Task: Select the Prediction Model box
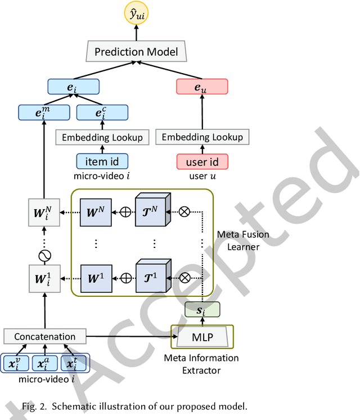(x=136, y=53)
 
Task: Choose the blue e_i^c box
(x=99, y=112)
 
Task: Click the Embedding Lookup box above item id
(x=99, y=137)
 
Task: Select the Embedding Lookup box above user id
(x=202, y=137)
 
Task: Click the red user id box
(x=202, y=161)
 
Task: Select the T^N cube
(x=151, y=213)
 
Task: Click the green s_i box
(x=202, y=309)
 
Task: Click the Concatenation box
(x=45, y=337)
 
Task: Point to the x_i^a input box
(x=45, y=363)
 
